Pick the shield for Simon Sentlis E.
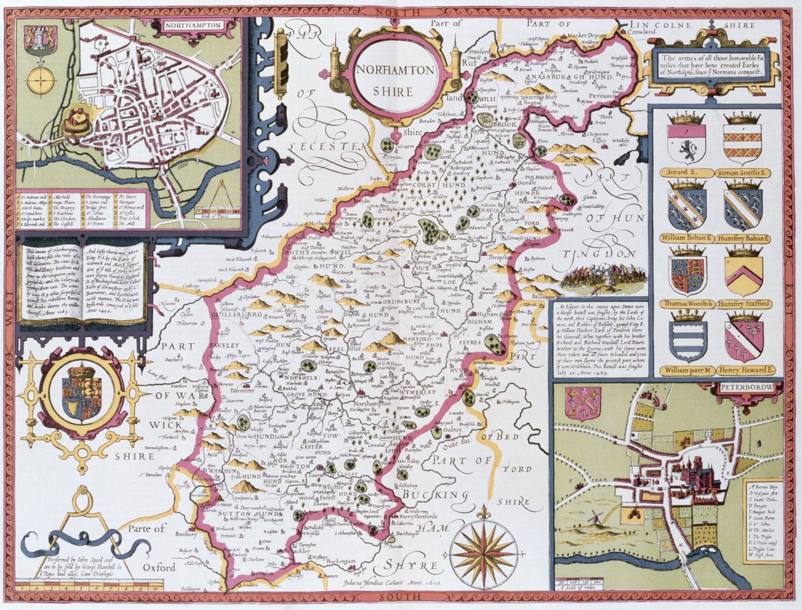[x=742, y=145]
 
